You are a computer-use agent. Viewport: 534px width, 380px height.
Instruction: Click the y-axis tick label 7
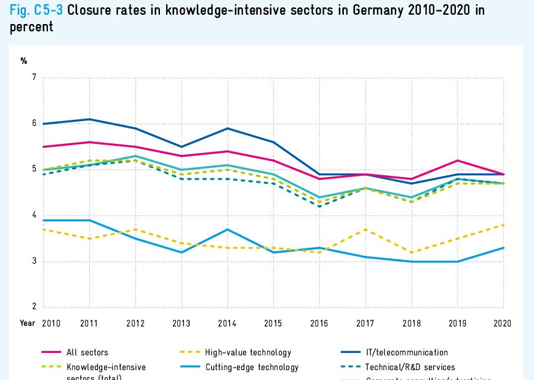tap(34, 77)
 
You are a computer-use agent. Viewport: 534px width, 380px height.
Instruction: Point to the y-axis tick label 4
tap(34, 215)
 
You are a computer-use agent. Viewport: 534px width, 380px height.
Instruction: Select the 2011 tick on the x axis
tap(90, 323)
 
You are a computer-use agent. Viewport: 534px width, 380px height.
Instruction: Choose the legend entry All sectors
tap(87, 352)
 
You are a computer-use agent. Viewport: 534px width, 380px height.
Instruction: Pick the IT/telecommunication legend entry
tap(407, 352)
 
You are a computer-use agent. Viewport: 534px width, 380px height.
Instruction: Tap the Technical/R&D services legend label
tap(410, 367)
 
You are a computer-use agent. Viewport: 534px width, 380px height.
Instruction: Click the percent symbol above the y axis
tap(24, 60)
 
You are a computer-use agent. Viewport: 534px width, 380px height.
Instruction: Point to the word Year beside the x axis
tap(27, 323)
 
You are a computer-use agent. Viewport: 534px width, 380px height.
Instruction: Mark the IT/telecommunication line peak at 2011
tap(90, 119)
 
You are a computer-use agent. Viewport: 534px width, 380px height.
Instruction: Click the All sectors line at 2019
tap(458, 160)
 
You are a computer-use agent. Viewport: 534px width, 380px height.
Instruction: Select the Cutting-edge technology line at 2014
tap(228, 229)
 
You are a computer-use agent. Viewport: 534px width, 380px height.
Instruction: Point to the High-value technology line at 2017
tap(366, 229)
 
